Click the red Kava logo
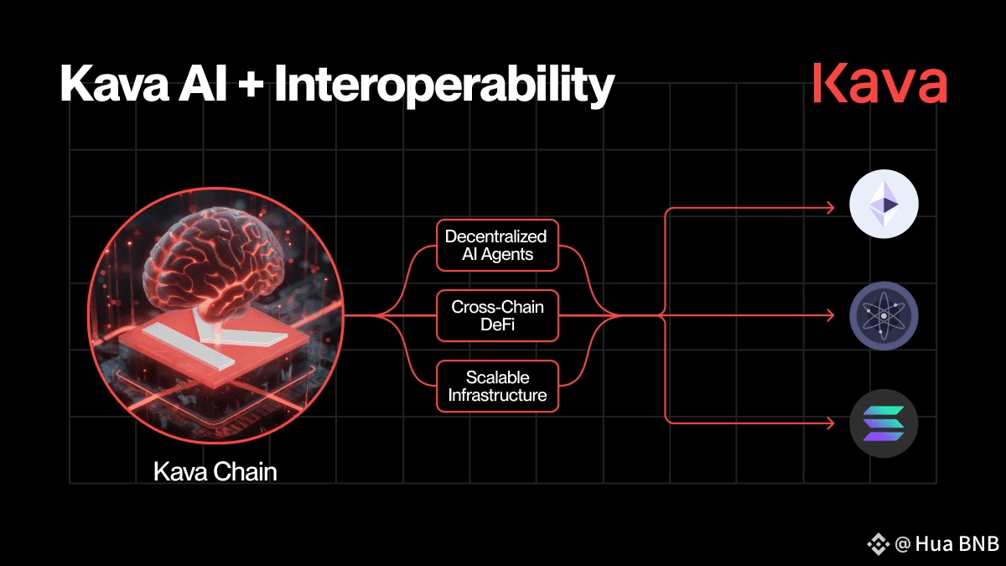pyautogui.click(x=880, y=84)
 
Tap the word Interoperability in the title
pyautogui.click(x=443, y=86)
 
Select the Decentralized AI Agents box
pyautogui.click(x=497, y=245)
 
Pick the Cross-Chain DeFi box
pyautogui.click(x=497, y=316)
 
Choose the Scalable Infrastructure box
pyautogui.click(x=497, y=387)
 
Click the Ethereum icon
pyautogui.click(x=884, y=204)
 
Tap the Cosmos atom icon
pyautogui.click(x=884, y=316)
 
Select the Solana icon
pyautogui.click(x=884, y=423)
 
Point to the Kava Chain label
pyautogui.click(x=215, y=471)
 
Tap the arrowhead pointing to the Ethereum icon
pyautogui.click(x=830, y=208)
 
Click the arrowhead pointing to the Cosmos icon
pyautogui.click(x=830, y=316)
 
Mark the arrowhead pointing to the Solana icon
pyautogui.click(x=830, y=423)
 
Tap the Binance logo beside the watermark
pyautogui.click(x=879, y=544)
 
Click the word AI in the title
pyautogui.click(x=203, y=85)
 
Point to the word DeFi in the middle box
pyautogui.click(x=497, y=325)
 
